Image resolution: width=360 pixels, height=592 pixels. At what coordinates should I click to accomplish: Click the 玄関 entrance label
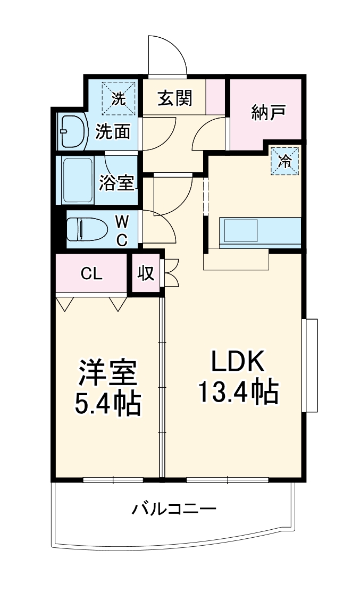pyautogui.click(x=174, y=98)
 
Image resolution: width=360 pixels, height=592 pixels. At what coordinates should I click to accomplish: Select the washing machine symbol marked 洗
pyautogui.click(x=119, y=98)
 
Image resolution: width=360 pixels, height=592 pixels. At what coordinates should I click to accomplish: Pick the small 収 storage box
pyautogui.click(x=146, y=273)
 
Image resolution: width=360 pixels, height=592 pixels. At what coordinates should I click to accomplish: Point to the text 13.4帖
pyautogui.click(x=238, y=393)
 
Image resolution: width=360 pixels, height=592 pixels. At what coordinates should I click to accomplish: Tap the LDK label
pyautogui.click(x=238, y=363)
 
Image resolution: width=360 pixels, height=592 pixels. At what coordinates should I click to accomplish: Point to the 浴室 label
pyautogui.click(x=116, y=182)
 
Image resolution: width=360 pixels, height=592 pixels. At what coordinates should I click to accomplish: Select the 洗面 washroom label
pyautogui.click(x=113, y=131)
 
